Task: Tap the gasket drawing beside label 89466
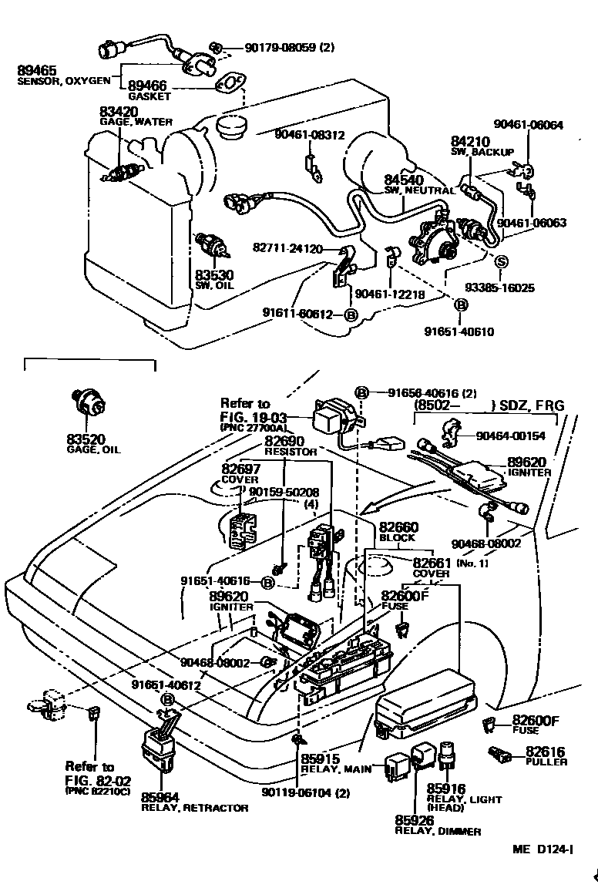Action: pos(228,83)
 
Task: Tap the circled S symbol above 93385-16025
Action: pos(500,262)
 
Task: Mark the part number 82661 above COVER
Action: pos(432,563)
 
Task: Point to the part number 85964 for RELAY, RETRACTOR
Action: pos(160,797)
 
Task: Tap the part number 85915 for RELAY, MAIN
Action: pos(321,758)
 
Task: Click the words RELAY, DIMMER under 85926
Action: pos(438,831)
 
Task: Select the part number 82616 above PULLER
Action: pos(545,752)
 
